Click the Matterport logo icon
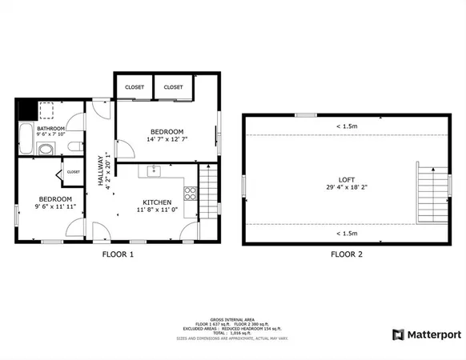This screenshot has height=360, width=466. [x=398, y=334]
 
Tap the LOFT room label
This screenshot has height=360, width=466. [x=347, y=179]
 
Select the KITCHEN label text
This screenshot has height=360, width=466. [x=157, y=202]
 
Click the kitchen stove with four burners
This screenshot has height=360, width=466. [x=190, y=193]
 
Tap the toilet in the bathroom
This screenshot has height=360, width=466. [x=74, y=146]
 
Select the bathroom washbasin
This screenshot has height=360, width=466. [x=45, y=149]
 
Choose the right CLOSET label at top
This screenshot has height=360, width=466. [x=173, y=86]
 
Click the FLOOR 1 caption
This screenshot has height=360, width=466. [x=118, y=254]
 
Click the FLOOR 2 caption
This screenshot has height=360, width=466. [x=347, y=254]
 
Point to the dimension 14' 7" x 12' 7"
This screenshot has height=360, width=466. [x=167, y=140]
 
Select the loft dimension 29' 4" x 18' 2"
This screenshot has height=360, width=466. [x=347, y=188]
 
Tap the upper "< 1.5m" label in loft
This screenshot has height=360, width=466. [x=347, y=126]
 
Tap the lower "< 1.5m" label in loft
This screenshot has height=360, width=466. [x=347, y=234]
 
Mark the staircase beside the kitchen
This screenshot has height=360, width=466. [x=208, y=190]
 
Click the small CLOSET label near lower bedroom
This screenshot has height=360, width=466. [x=73, y=171]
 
